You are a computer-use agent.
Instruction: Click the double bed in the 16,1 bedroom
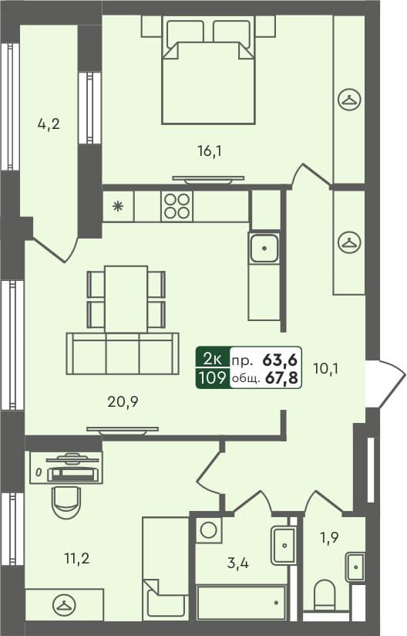pos(208,77)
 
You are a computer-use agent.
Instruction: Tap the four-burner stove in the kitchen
pos(176,206)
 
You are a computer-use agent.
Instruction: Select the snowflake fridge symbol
pos(118,206)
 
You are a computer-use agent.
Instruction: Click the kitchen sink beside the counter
pos(264,249)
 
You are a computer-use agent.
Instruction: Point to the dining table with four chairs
pos(126,298)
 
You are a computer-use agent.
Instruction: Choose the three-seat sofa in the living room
pos(123,354)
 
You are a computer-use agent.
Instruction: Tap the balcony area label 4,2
pos(49,123)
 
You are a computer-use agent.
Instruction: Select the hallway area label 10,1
pos(327,368)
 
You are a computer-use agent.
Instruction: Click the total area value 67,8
pos(283,378)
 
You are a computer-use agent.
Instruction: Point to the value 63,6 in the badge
pos(282,359)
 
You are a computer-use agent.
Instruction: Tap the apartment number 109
pos(212,378)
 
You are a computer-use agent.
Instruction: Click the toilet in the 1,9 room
pos(325,596)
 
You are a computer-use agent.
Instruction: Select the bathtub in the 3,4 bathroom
pos(241,602)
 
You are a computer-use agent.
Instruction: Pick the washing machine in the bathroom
pos(207,529)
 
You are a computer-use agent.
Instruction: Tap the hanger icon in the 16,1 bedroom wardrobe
pos(349,100)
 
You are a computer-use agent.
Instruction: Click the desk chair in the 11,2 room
pos(66,501)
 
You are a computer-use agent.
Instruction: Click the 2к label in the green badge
pos(212,359)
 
